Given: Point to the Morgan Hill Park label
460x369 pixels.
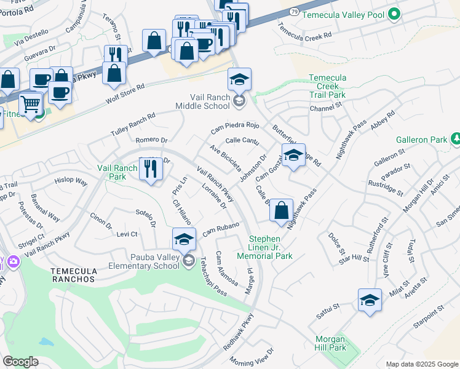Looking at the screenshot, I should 331,343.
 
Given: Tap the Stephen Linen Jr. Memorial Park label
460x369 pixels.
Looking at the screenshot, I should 270,247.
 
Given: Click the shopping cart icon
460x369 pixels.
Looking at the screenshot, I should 30,103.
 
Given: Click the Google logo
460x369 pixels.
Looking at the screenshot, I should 20,362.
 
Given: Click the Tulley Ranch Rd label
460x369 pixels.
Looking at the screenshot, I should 132,125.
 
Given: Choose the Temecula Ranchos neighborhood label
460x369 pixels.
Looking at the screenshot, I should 69,275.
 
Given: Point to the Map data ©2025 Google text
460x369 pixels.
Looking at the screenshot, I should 421,364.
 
